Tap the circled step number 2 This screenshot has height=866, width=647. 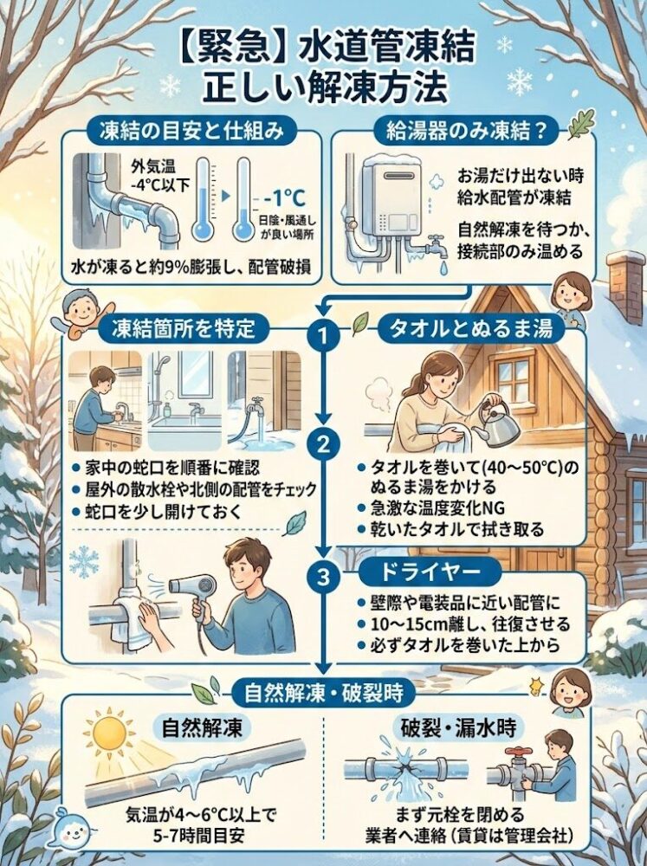323,445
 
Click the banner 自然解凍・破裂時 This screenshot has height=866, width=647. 323,692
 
